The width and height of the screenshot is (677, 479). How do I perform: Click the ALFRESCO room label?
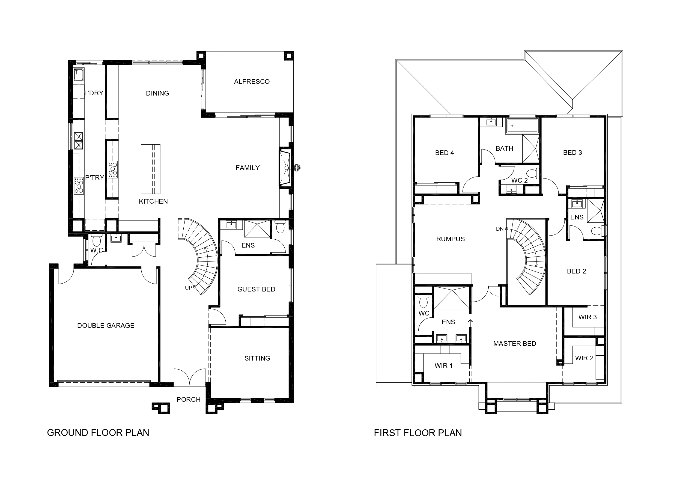[x=252, y=82]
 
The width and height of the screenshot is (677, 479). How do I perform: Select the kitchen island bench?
[x=150, y=169]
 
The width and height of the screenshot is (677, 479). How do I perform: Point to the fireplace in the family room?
[x=285, y=168]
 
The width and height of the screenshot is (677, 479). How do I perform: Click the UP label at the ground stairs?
[x=188, y=288]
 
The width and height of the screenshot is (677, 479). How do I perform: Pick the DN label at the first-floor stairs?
[x=499, y=229]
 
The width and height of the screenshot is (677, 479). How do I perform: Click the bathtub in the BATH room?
[x=522, y=126]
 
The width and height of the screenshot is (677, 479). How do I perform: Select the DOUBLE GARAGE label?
[x=106, y=326]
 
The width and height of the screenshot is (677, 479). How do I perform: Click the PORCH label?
[x=188, y=399]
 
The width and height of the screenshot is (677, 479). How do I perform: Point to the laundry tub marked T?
[x=79, y=74]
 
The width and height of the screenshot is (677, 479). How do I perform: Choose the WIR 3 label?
[x=587, y=317]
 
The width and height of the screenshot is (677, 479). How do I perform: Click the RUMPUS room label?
[x=450, y=239]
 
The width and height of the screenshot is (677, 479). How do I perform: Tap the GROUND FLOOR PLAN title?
[x=98, y=433]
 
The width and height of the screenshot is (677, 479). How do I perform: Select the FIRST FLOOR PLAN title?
[x=417, y=433]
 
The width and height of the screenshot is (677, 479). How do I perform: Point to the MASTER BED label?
[x=515, y=344]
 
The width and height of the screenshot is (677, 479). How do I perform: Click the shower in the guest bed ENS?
[x=257, y=229]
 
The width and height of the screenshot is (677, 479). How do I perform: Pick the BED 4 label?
[x=444, y=153]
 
